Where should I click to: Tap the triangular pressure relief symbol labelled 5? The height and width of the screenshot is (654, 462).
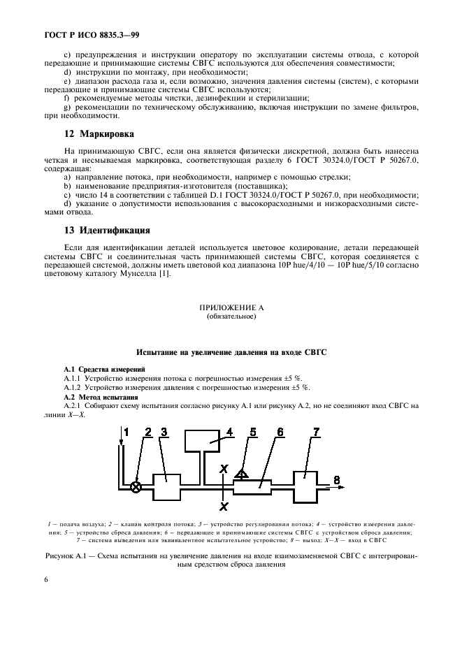240,474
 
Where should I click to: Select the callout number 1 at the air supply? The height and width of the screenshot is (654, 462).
127,431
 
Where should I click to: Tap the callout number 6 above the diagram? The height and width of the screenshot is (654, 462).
279,432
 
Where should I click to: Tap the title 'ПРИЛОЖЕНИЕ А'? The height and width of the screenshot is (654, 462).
231,307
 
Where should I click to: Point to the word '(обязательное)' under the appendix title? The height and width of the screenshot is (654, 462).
231,316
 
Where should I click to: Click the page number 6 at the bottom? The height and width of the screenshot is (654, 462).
46,579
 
